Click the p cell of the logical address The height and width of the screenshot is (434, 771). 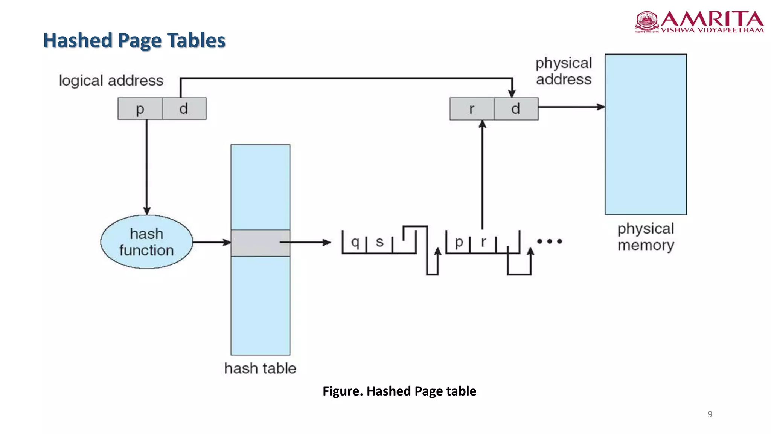point(140,109)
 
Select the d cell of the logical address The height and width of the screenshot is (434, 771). point(184,109)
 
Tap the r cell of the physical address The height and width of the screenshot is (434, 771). point(472,109)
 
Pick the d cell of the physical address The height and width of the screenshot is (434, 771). point(516,109)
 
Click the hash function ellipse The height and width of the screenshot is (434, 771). point(146,242)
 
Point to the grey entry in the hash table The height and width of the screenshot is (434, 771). point(260,243)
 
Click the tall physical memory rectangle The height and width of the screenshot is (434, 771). point(646,134)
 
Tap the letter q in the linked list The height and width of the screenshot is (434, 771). point(355,242)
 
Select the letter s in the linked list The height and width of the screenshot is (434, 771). point(379,242)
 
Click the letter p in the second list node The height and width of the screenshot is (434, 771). point(459,242)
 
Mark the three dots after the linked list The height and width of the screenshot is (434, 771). point(549,241)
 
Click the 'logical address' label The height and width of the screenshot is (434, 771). point(111,81)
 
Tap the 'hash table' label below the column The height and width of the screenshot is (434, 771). point(260,368)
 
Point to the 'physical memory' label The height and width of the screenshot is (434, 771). point(646,237)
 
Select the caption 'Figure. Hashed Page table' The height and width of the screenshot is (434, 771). point(399,391)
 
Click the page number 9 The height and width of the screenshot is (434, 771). point(710,414)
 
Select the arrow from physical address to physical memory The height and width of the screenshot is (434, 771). point(571,107)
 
